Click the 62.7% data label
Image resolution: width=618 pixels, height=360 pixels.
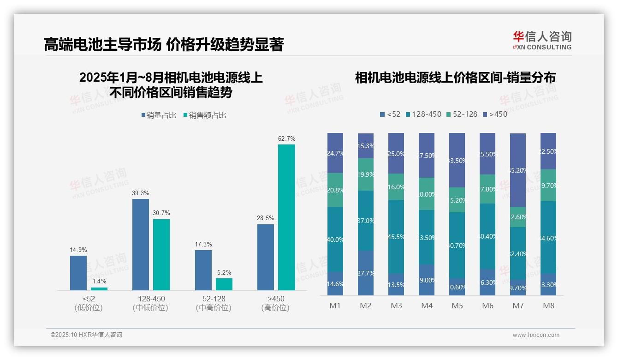tap(286, 138)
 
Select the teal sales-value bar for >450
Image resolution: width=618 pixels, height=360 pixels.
tap(286, 217)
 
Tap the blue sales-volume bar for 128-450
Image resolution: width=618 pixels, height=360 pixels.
tap(141, 244)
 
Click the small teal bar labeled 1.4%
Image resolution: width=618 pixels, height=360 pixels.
tap(99, 289)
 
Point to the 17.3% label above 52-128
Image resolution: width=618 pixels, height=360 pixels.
tap(203, 244)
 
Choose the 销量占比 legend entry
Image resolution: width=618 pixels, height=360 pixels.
tap(159, 115)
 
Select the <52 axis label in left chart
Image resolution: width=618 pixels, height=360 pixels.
tap(89, 299)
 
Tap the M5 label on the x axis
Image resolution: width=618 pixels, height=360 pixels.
tap(457, 306)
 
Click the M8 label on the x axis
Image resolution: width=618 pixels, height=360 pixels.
tap(548, 306)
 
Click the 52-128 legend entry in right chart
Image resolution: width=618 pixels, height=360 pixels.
tap(462, 114)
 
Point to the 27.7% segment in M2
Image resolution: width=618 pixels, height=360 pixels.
tap(366, 273)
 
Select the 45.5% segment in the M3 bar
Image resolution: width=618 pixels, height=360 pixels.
tap(396, 237)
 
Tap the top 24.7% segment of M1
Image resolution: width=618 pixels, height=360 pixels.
tap(335, 153)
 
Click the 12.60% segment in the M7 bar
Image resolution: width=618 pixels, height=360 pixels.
tap(518, 217)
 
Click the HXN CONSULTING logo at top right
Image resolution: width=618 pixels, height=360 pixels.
tap(542, 41)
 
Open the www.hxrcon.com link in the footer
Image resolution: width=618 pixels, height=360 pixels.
tap(536, 335)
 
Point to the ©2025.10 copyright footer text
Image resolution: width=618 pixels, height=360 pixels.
tap(86, 335)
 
